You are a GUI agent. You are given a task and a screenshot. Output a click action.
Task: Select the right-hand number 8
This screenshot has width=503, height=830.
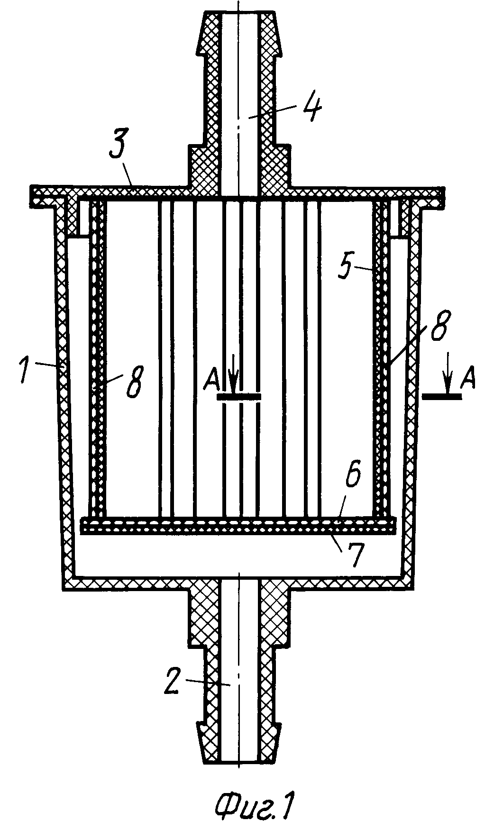pos(439,325)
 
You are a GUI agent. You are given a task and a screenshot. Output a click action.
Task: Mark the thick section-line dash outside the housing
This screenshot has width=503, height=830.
pos(442,397)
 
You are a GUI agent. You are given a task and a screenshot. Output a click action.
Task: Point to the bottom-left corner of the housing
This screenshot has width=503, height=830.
pos(63,589)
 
